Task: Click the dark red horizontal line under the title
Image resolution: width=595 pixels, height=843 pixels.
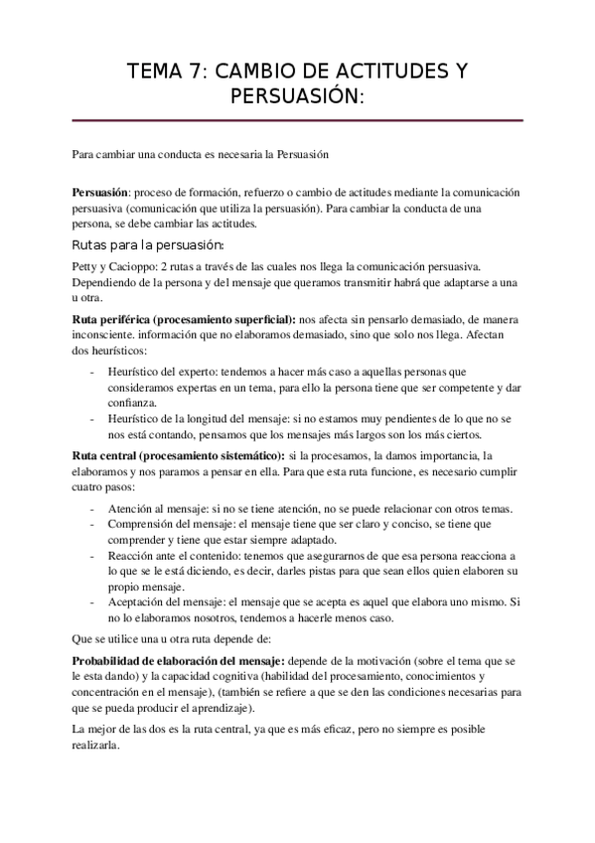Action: click(298, 120)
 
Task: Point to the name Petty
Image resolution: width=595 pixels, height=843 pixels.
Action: click(85, 266)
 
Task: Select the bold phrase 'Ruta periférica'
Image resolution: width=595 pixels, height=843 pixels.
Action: click(116, 320)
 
